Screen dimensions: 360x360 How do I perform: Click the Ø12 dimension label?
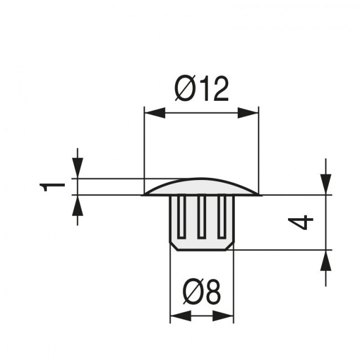202,89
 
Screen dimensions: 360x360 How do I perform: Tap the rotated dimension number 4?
302,223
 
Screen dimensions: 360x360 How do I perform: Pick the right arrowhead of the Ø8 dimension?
223,317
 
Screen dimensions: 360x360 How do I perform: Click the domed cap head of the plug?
202,187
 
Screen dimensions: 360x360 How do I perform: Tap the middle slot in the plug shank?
202,216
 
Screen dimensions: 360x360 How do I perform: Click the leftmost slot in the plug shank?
181,216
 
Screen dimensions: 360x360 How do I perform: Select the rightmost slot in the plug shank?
223,216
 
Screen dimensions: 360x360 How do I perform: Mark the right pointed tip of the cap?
259,194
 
